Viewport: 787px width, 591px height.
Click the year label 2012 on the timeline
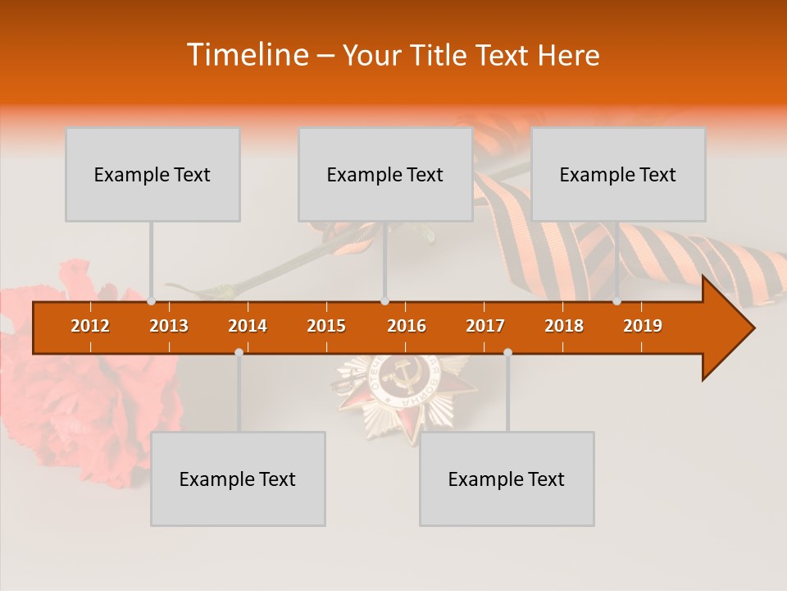pos(90,326)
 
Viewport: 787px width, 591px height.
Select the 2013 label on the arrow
pos(169,326)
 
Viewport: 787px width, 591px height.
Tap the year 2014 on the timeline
pos(248,326)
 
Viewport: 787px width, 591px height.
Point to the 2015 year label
pos(326,326)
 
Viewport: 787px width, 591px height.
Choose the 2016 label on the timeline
pos(407,326)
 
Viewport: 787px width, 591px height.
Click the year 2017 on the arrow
pos(485,326)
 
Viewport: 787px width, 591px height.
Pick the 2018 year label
pos(564,326)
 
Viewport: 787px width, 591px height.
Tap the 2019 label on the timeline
pos(643,326)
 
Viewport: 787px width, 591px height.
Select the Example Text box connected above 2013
pos(152,174)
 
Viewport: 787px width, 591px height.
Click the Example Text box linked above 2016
pos(385,174)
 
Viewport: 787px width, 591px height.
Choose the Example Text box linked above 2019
pos(618,174)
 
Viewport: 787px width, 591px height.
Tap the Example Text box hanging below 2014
pos(238,479)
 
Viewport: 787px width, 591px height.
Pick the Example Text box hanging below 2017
pos(507,479)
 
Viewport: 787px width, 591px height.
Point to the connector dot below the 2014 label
pos(239,352)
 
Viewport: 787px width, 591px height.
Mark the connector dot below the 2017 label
pos(507,352)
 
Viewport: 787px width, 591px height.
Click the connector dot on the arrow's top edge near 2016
pos(384,301)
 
